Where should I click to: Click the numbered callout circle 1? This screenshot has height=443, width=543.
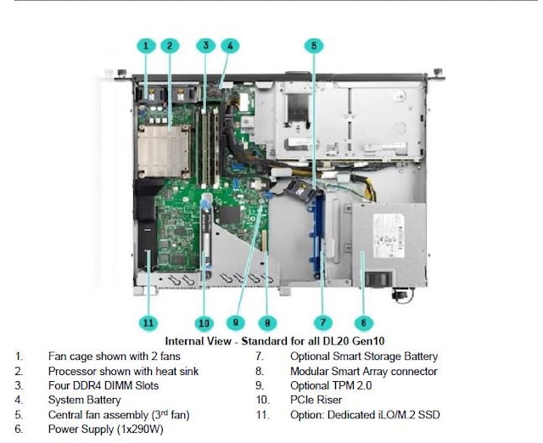tap(146, 45)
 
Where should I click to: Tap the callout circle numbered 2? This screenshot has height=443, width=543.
tap(170, 45)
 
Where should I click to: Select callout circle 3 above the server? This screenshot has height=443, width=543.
tap(206, 45)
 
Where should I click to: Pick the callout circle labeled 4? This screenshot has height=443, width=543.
tap(230, 45)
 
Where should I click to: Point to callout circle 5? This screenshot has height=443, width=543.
tap(314, 45)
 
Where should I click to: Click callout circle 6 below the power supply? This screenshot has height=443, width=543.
tap(362, 322)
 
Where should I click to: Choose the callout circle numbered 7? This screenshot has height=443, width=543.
tap(323, 322)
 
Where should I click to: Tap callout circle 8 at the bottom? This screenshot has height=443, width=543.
tap(266, 322)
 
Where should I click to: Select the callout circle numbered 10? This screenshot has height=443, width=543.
tap(204, 322)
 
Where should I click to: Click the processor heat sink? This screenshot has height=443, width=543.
tap(165, 148)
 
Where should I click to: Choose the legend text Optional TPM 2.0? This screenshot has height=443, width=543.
tap(330, 385)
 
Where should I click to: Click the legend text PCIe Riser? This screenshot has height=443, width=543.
tap(316, 400)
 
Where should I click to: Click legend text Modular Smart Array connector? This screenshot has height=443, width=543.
tap(363, 371)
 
